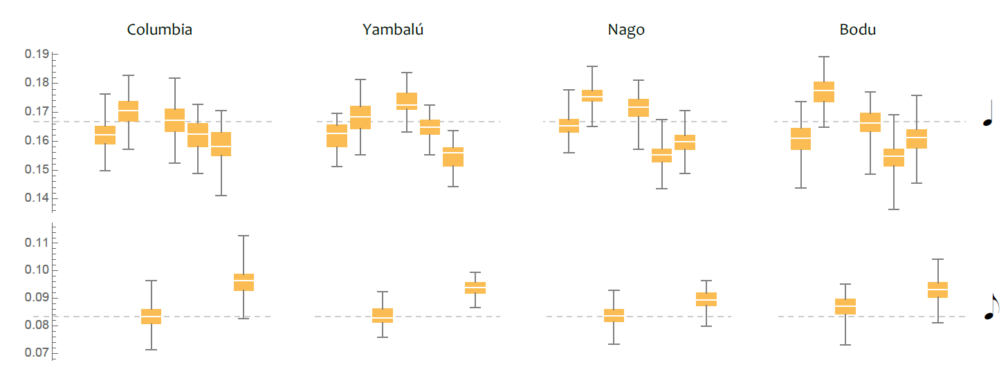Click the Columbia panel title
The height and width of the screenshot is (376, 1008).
(x=160, y=30)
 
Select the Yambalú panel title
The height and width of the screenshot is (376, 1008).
(x=393, y=30)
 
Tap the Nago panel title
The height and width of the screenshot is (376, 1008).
(x=626, y=30)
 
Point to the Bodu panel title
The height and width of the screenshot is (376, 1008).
(x=858, y=30)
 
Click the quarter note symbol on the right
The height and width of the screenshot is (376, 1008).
(x=989, y=114)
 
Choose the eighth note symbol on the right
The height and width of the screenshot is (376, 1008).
(x=991, y=306)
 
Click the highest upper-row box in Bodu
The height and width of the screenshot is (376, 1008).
(x=823, y=92)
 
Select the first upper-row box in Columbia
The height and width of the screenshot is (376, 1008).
(x=105, y=135)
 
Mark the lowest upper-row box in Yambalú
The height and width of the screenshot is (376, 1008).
(x=453, y=157)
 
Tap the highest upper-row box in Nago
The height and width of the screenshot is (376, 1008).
(x=592, y=95)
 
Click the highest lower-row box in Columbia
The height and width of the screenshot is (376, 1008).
(x=244, y=282)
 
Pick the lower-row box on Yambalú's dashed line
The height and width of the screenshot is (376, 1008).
(x=383, y=315)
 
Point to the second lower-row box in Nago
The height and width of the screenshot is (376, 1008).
(x=706, y=299)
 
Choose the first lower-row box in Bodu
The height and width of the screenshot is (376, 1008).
(x=845, y=306)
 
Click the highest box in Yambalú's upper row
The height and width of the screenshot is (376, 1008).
(x=407, y=101)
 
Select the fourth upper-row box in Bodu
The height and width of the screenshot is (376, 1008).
(x=894, y=158)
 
